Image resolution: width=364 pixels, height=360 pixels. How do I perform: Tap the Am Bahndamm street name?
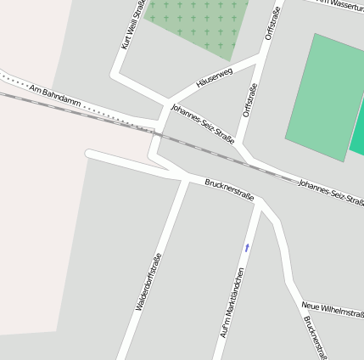coord(54,94)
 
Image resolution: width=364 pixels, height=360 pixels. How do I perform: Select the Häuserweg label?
coord(213,78)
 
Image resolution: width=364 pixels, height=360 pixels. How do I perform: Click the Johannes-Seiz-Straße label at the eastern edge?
coord(331,193)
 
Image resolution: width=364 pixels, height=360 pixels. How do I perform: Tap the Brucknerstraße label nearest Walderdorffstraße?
coord(229,190)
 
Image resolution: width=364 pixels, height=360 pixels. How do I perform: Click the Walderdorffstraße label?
coord(149,281)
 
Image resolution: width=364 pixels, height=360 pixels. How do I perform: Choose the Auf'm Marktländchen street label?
coord(232,302)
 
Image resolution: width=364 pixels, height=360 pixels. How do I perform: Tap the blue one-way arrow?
coord(248,247)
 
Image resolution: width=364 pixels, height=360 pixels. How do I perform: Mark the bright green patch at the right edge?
coord(358,136)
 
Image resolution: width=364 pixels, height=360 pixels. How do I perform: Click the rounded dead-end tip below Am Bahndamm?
coord(89,154)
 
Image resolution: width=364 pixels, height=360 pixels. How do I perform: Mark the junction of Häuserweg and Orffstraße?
coord(256,62)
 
